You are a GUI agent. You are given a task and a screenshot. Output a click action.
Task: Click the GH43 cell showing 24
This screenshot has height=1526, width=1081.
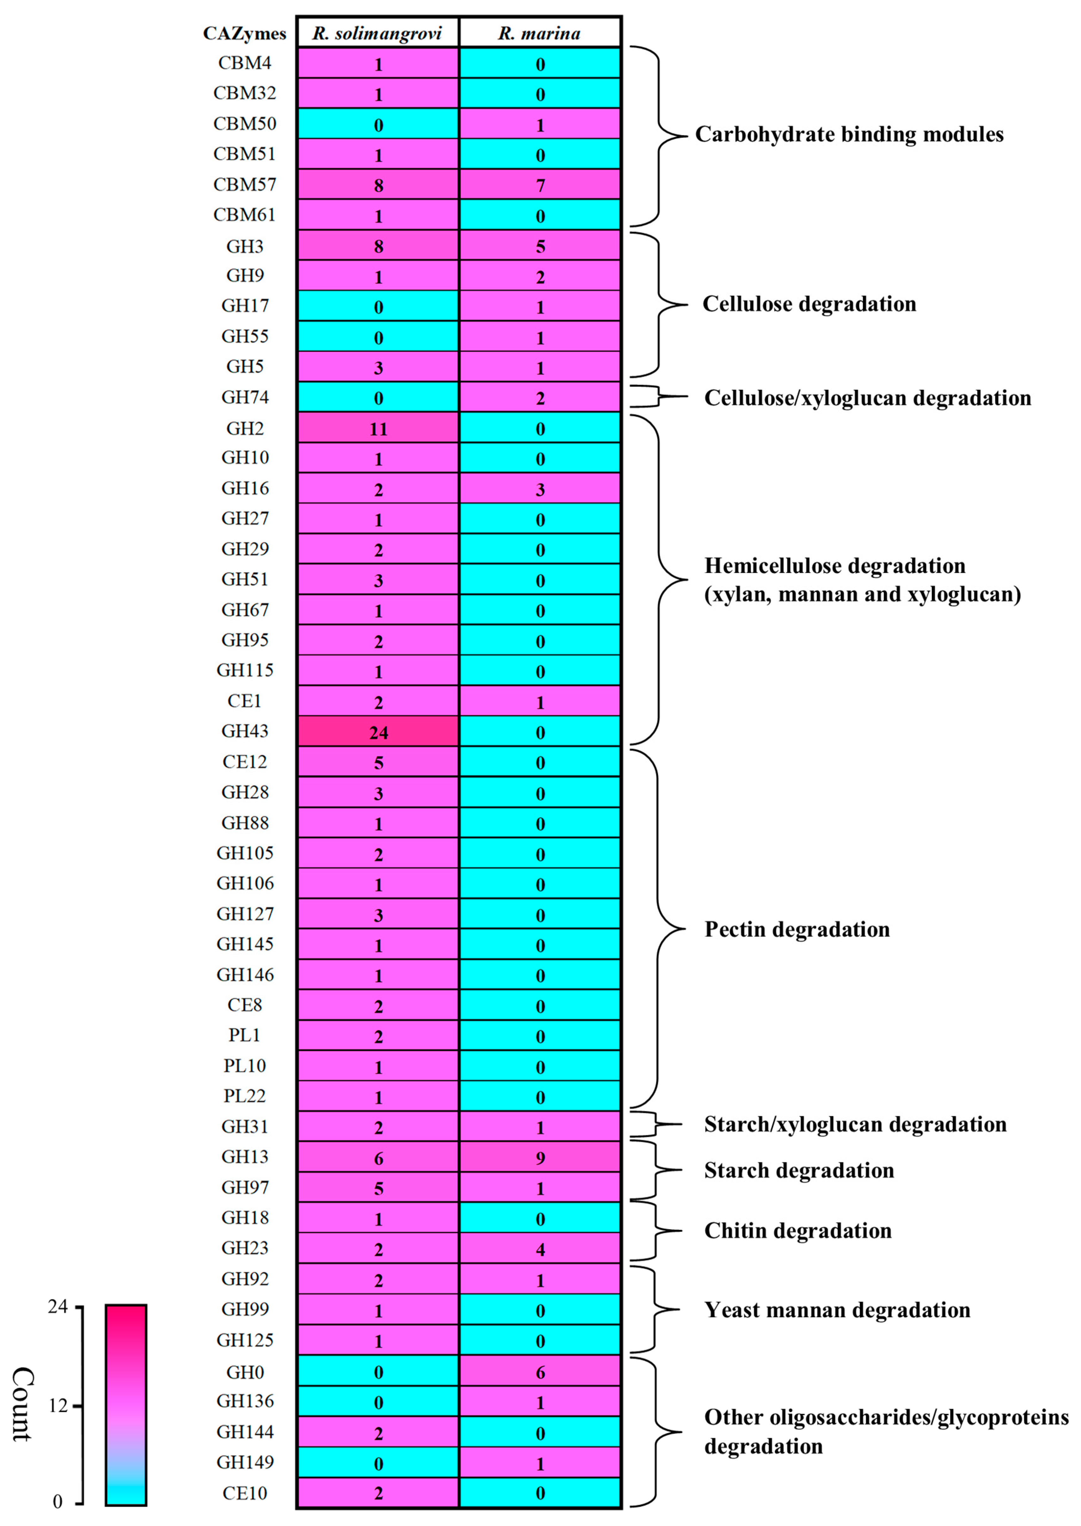[x=378, y=732]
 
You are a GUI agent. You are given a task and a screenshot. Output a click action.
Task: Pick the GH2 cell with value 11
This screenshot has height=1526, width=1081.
[x=378, y=428]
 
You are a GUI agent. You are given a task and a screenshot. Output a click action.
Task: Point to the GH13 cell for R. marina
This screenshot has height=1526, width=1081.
[x=540, y=1158]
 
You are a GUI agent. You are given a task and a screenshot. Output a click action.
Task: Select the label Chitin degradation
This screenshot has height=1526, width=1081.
[x=797, y=1230]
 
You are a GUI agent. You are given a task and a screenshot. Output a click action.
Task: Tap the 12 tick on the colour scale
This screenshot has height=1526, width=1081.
[x=58, y=1405]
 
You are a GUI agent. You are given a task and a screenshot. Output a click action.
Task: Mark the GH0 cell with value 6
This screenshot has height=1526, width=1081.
[x=540, y=1372]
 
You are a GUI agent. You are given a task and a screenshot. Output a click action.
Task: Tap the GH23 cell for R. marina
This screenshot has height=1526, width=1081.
[x=540, y=1249]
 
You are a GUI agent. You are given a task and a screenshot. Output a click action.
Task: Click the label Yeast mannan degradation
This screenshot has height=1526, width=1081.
[x=837, y=1310]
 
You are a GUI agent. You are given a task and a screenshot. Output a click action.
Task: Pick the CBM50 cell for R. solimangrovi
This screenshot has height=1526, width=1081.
[x=378, y=125]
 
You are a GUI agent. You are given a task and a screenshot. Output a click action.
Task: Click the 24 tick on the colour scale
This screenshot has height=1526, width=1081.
[x=58, y=1307]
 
